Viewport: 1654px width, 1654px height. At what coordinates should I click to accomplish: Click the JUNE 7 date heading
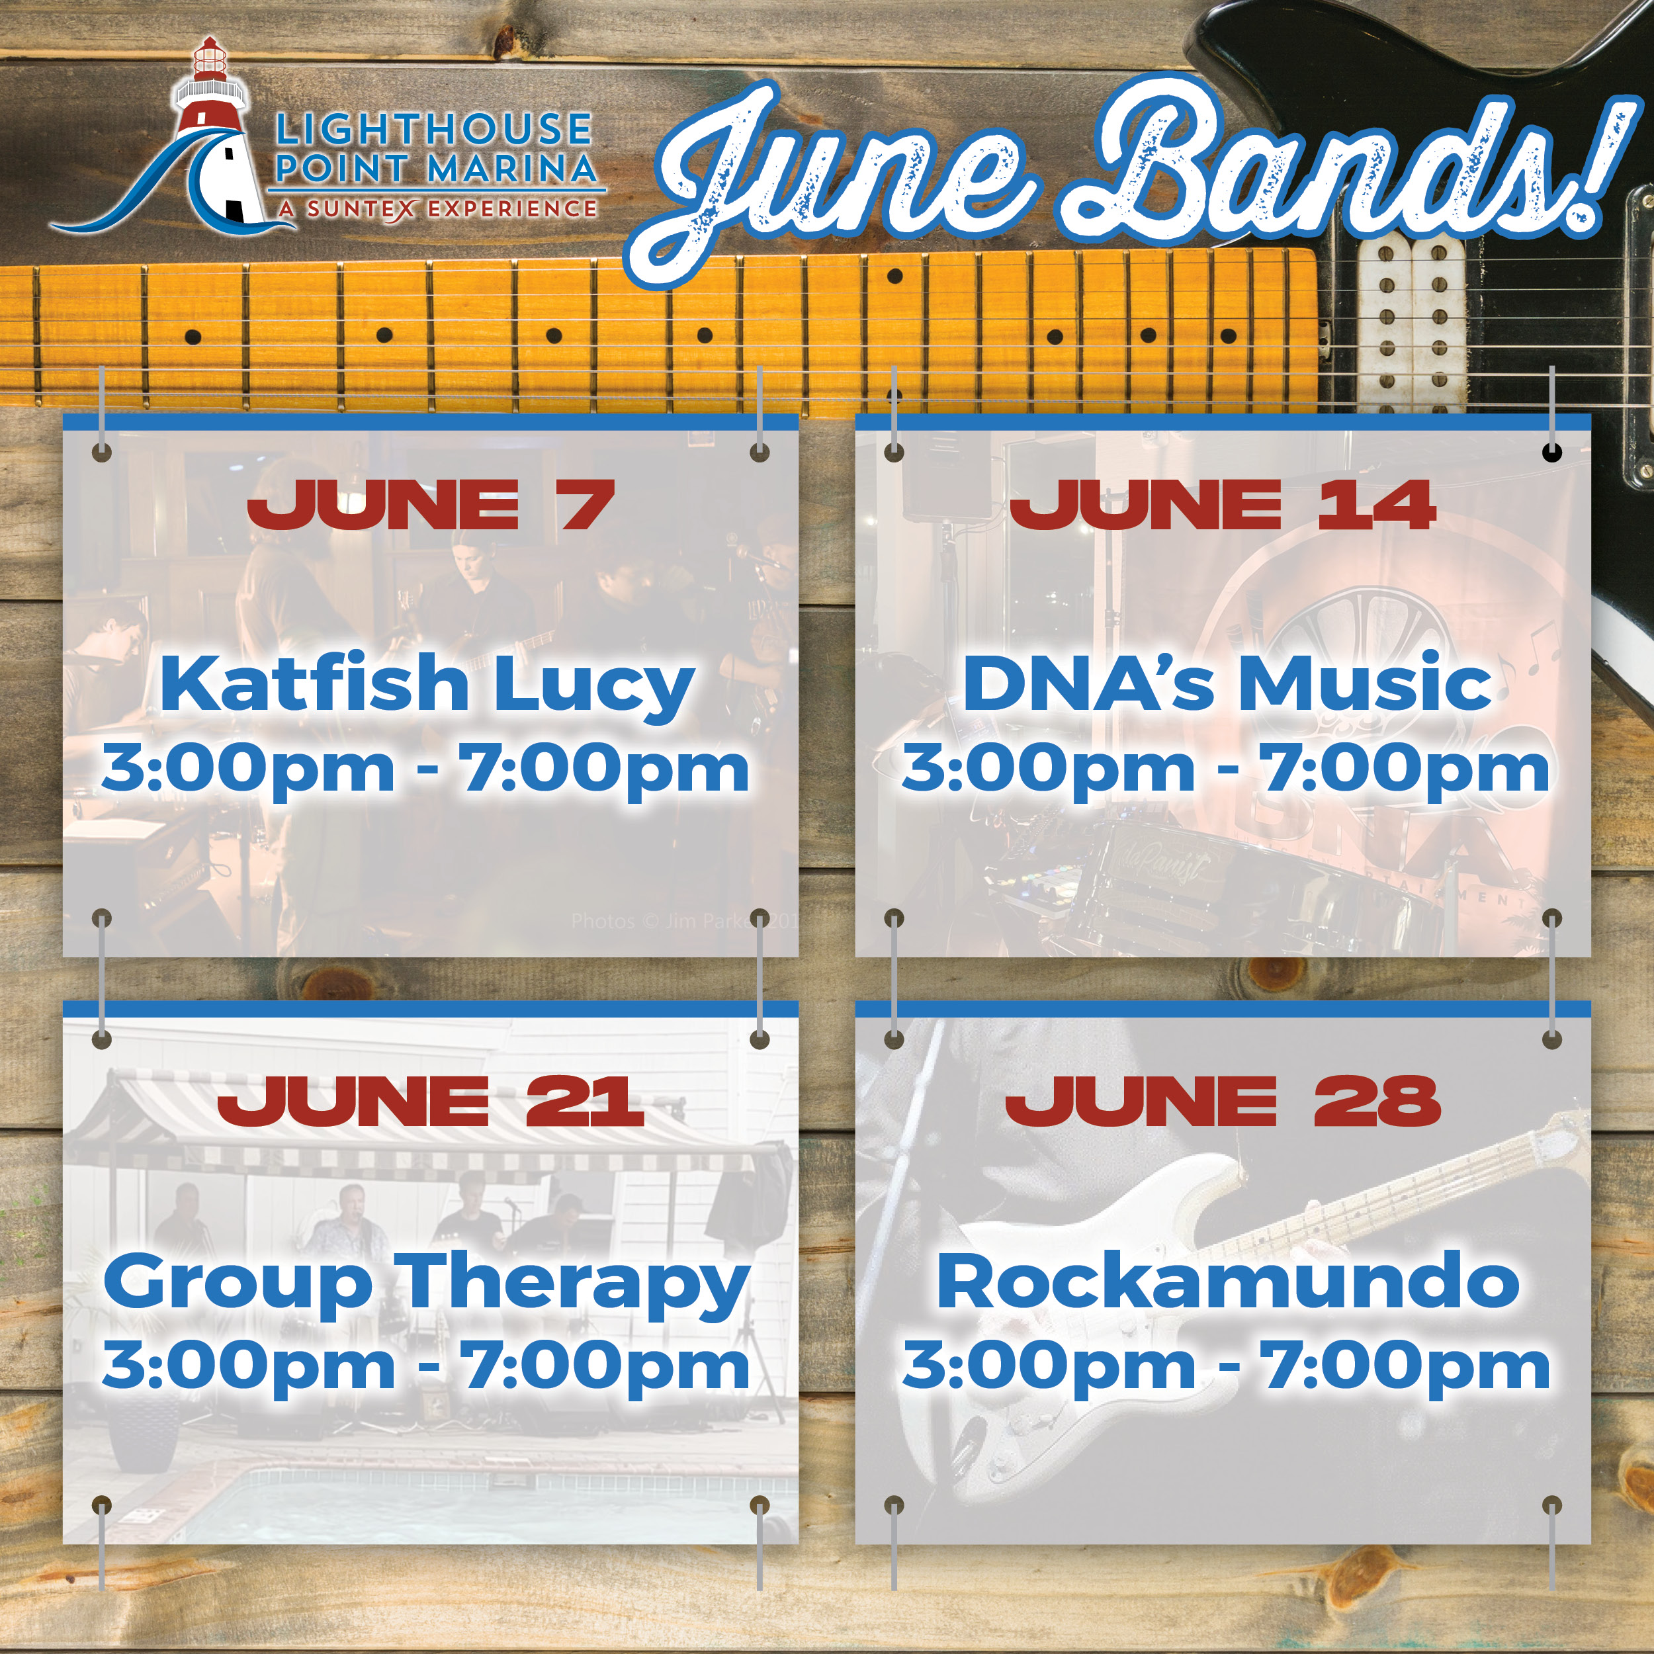[x=431, y=505]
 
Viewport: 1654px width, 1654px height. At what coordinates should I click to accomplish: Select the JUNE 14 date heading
[x=1222, y=505]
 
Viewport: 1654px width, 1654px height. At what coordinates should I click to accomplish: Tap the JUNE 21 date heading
[x=431, y=1101]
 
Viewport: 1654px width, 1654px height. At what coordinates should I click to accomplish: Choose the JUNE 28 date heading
[x=1223, y=1101]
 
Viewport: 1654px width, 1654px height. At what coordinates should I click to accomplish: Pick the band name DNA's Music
[x=1227, y=685]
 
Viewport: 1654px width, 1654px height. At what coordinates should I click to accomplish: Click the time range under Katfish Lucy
[x=425, y=769]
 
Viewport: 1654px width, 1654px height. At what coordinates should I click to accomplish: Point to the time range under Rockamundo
[x=1225, y=1366]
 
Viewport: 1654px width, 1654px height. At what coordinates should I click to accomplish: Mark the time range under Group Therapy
[x=425, y=1366]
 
